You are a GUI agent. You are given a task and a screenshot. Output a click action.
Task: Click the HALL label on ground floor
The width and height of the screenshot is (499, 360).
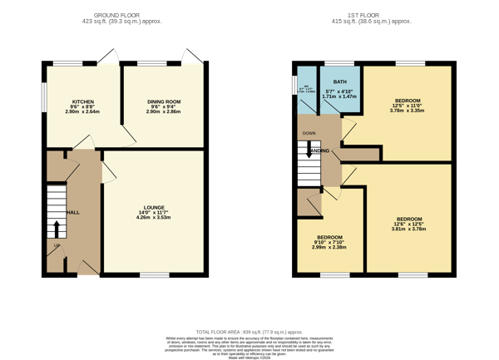click(x=72, y=212)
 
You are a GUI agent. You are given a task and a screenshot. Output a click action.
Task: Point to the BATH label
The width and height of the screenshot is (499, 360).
click(x=340, y=81)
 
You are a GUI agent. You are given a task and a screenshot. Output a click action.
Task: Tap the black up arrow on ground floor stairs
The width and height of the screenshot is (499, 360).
click(x=57, y=229)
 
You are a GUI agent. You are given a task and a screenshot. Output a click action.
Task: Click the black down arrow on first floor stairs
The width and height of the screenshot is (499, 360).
click(x=309, y=151)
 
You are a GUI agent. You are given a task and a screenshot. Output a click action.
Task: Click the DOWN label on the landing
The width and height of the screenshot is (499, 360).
click(x=309, y=133)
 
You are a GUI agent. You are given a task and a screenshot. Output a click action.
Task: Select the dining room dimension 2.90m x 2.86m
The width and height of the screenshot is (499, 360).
click(x=164, y=111)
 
